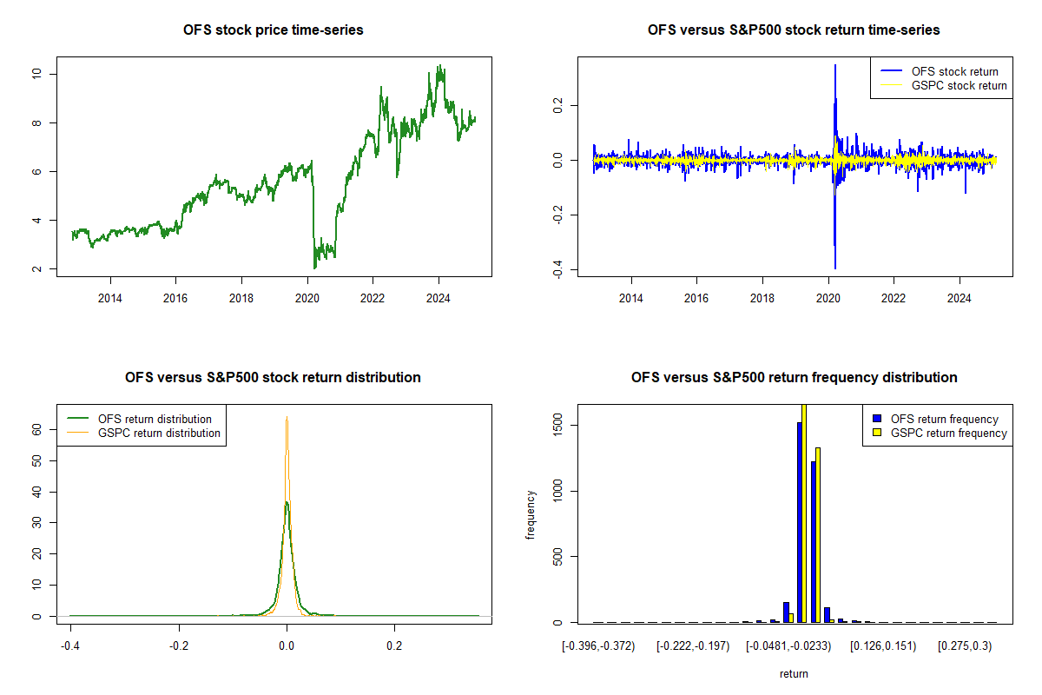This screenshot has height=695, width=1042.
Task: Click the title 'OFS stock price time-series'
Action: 274,30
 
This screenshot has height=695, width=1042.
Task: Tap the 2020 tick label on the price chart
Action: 307,300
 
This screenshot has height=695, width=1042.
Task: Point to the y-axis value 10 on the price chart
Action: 36,74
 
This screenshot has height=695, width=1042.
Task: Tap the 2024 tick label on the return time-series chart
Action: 960,300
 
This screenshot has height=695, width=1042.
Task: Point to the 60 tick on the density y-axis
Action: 37,429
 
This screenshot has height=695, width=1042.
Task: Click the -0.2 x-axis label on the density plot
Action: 179,645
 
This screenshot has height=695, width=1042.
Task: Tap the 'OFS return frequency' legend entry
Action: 944,419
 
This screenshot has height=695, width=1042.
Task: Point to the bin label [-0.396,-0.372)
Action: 599,645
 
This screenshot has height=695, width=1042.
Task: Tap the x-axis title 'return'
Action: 794,673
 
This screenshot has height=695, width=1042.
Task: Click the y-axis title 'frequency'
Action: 531,513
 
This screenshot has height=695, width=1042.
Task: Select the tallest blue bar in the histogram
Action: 799,521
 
